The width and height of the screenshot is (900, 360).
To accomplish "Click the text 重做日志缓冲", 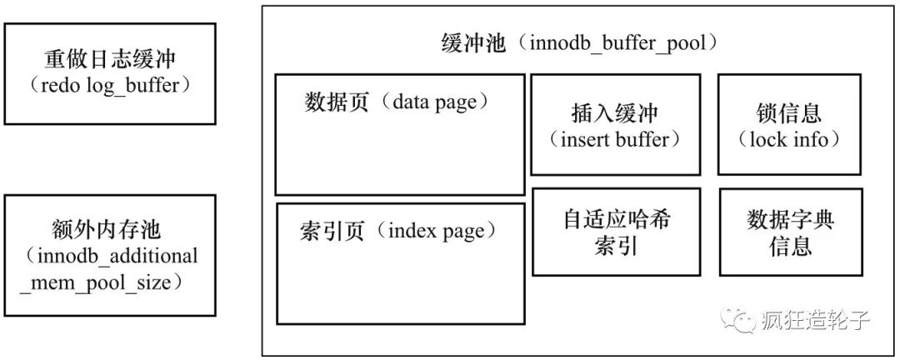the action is [110, 60].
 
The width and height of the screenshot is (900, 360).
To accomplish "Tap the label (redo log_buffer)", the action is [110, 86].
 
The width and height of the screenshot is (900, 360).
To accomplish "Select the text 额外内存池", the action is [107, 230].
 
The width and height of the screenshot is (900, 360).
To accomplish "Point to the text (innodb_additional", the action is [110, 256].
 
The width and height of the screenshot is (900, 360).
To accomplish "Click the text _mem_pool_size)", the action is [102, 282].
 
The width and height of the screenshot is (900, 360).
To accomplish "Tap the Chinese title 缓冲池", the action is [473, 44].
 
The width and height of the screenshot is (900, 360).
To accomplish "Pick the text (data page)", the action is [437, 102].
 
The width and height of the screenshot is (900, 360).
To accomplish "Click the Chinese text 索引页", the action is [332, 231].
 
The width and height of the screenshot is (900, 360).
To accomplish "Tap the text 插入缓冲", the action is [615, 113].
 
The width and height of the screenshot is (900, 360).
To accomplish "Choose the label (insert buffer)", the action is [615, 139].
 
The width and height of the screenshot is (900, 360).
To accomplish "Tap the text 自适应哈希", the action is [617, 220].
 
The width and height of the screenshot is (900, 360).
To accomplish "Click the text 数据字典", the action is [790, 220].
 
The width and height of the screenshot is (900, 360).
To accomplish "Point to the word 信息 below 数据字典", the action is [790, 247].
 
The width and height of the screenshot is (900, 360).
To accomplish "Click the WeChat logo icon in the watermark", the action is [738, 320].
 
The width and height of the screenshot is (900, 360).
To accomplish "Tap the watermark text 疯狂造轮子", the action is [816, 320].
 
